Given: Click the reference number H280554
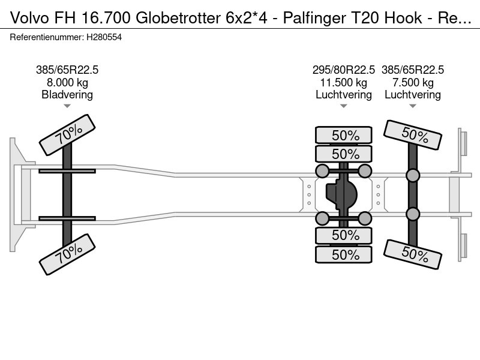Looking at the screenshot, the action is click(x=104, y=37).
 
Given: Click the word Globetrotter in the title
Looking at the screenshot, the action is click(x=178, y=18).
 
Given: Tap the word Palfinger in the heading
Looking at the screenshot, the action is click(x=316, y=19).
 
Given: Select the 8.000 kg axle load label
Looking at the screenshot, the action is click(x=67, y=82).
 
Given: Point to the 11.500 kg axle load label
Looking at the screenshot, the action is click(x=343, y=82).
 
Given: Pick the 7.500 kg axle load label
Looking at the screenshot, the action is click(x=413, y=82).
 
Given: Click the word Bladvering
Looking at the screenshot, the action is click(x=67, y=95).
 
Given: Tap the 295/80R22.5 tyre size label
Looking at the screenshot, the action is click(x=343, y=70).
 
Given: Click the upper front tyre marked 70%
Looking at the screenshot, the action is click(x=67, y=134).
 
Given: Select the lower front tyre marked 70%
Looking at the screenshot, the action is click(x=67, y=254).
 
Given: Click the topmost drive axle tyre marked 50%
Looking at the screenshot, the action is click(x=344, y=135).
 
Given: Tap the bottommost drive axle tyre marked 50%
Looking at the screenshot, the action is click(x=344, y=254).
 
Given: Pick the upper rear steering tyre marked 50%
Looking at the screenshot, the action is click(x=413, y=134).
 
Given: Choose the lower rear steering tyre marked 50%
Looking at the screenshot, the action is click(x=413, y=254).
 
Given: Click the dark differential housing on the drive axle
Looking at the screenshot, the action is click(x=341, y=194).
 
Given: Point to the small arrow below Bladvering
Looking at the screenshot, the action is click(x=67, y=106).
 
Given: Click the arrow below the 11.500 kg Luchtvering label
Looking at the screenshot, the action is click(x=343, y=106).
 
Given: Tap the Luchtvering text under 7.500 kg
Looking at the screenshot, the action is click(x=413, y=95).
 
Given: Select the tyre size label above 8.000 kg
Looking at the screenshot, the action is click(x=67, y=70).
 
